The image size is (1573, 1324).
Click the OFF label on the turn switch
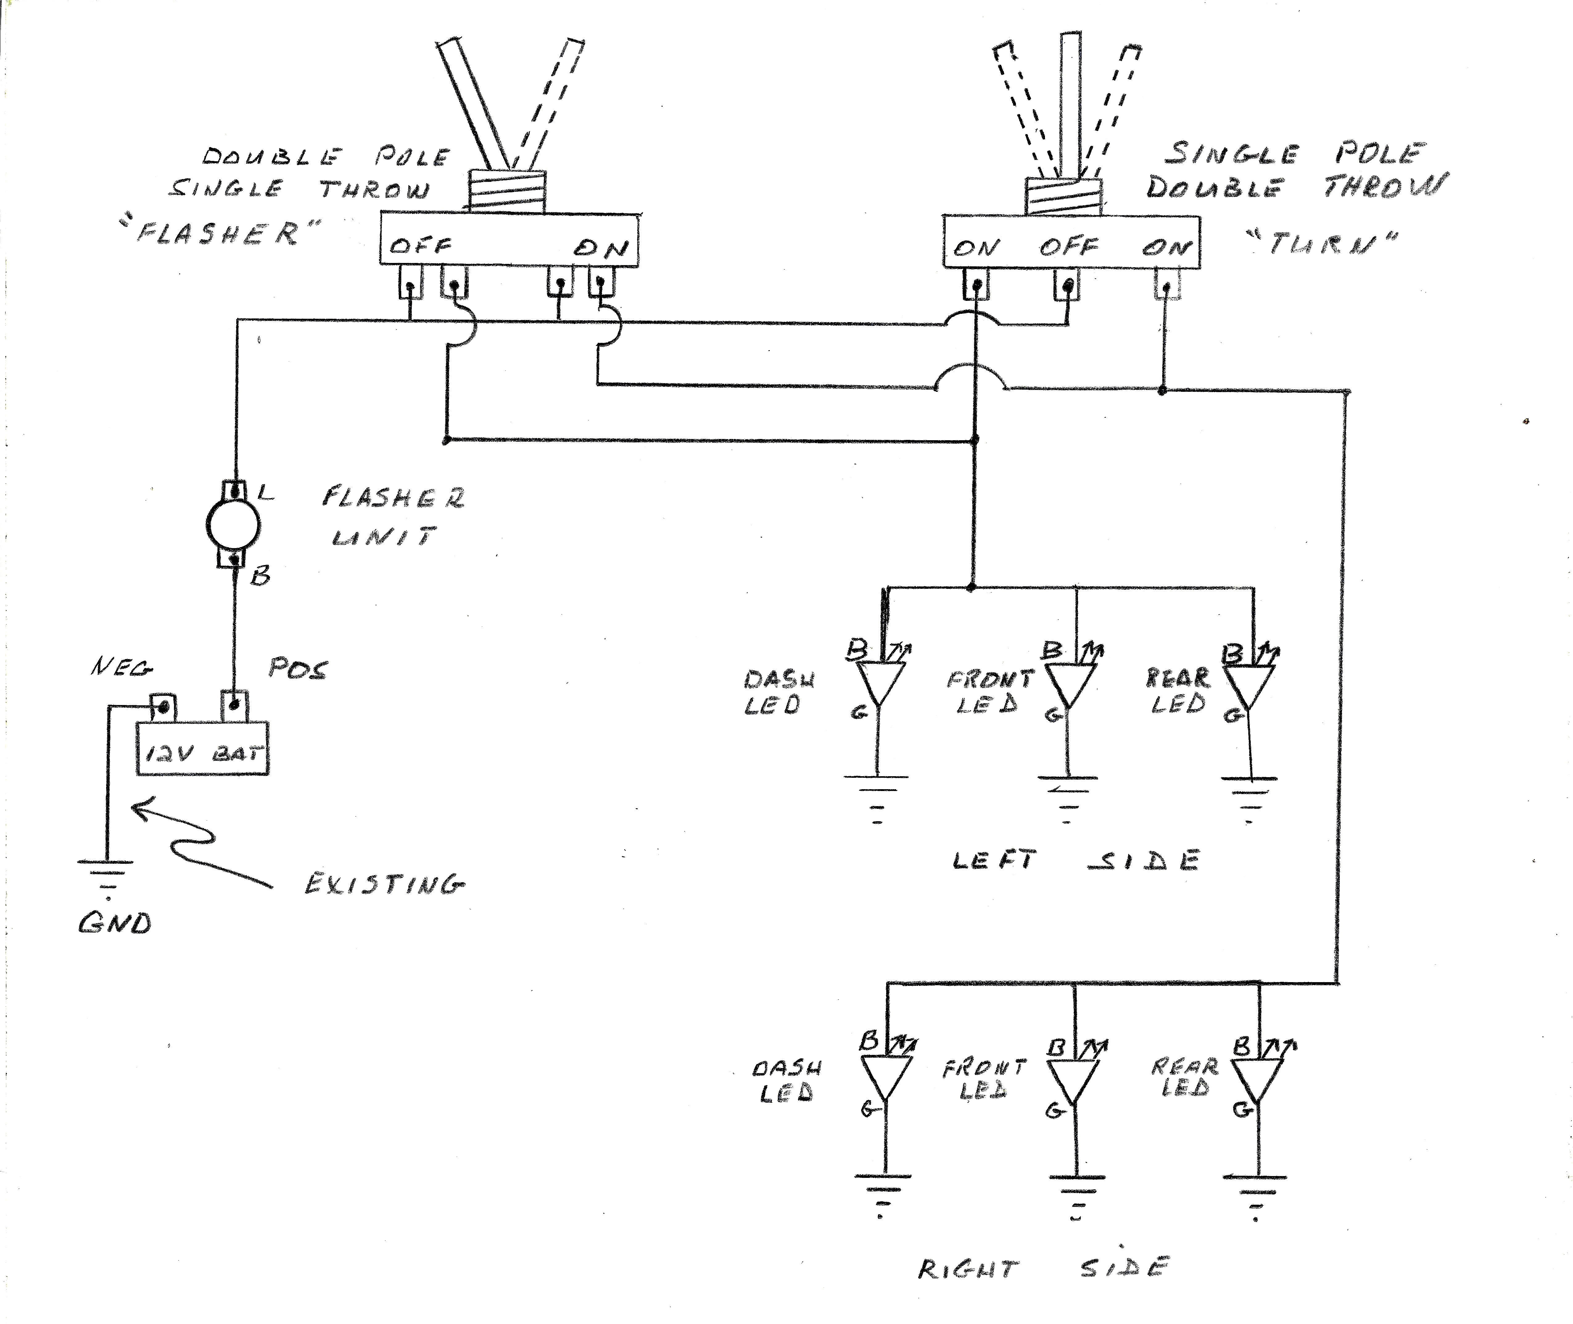tap(1068, 246)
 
